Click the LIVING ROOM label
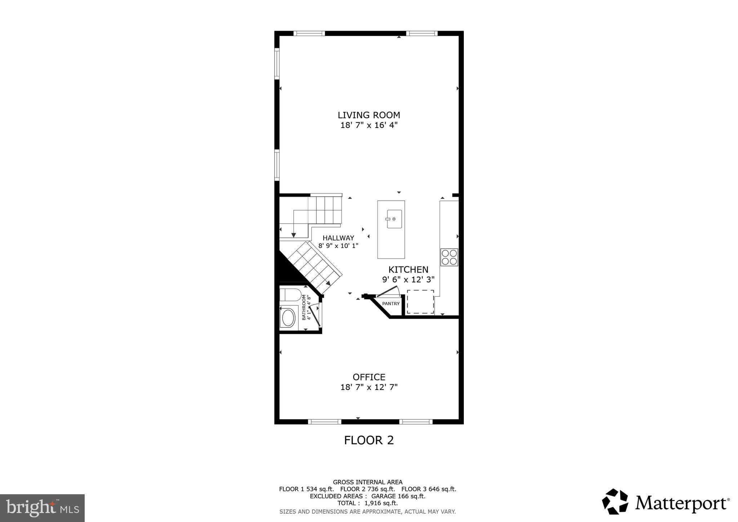pos(369,115)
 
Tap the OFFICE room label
pos(369,377)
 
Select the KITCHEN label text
pos(408,270)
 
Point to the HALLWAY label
pos(338,238)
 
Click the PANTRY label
pos(391,304)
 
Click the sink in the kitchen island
pos(394,219)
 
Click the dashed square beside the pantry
pos(420,302)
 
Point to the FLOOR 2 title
pos(369,440)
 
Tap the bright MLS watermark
pos(42,508)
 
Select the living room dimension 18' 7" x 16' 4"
pos(369,125)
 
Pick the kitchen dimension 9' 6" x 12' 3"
pos(408,279)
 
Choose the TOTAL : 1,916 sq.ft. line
pos(367,503)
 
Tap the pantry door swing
pos(387,291)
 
